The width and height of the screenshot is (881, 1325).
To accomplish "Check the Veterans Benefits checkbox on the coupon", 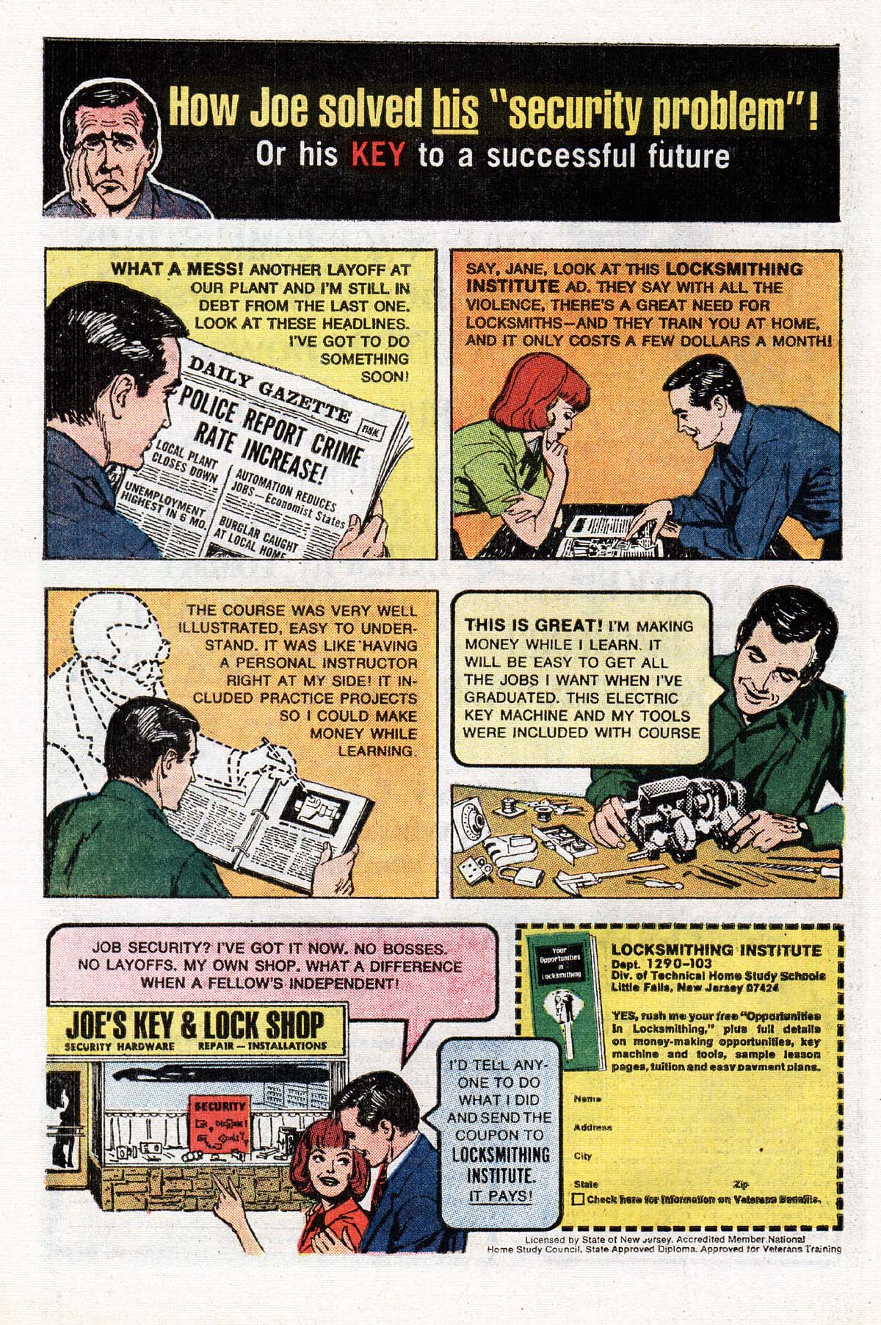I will coord(579,1199).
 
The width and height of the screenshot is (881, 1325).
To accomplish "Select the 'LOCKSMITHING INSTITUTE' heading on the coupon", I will coord(716,949).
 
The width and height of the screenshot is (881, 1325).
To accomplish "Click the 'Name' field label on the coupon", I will coord(584,1099).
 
